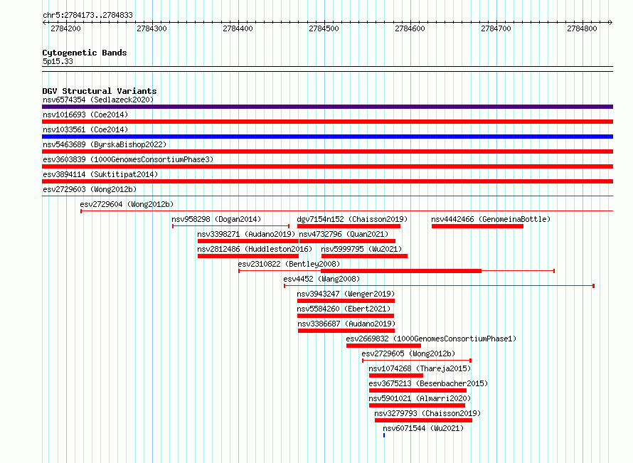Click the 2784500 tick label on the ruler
click(324, 28)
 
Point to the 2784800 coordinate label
click(582, 28)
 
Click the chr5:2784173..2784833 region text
click(87, 16)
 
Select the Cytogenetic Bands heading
click(85, 53)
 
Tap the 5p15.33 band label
click(58, 61)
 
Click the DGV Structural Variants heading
click(100, 91)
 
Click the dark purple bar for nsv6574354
click(327, 107)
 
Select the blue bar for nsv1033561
click(327, 137)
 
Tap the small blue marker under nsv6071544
click(384, 435)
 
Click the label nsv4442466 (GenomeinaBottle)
click(491, 219)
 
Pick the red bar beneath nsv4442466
click(477, 226)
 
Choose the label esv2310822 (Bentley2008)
click(289, 264)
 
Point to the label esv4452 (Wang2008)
click(321, 279)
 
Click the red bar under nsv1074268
click(395, 376)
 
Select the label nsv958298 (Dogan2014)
click(216, 219)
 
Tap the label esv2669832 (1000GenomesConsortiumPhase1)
click(431, 339)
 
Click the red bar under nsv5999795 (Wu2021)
click(364, 256)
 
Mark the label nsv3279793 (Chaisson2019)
click(427, 413)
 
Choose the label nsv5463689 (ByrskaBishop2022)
click(105, 144)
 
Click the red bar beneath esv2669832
click(383, 346)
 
